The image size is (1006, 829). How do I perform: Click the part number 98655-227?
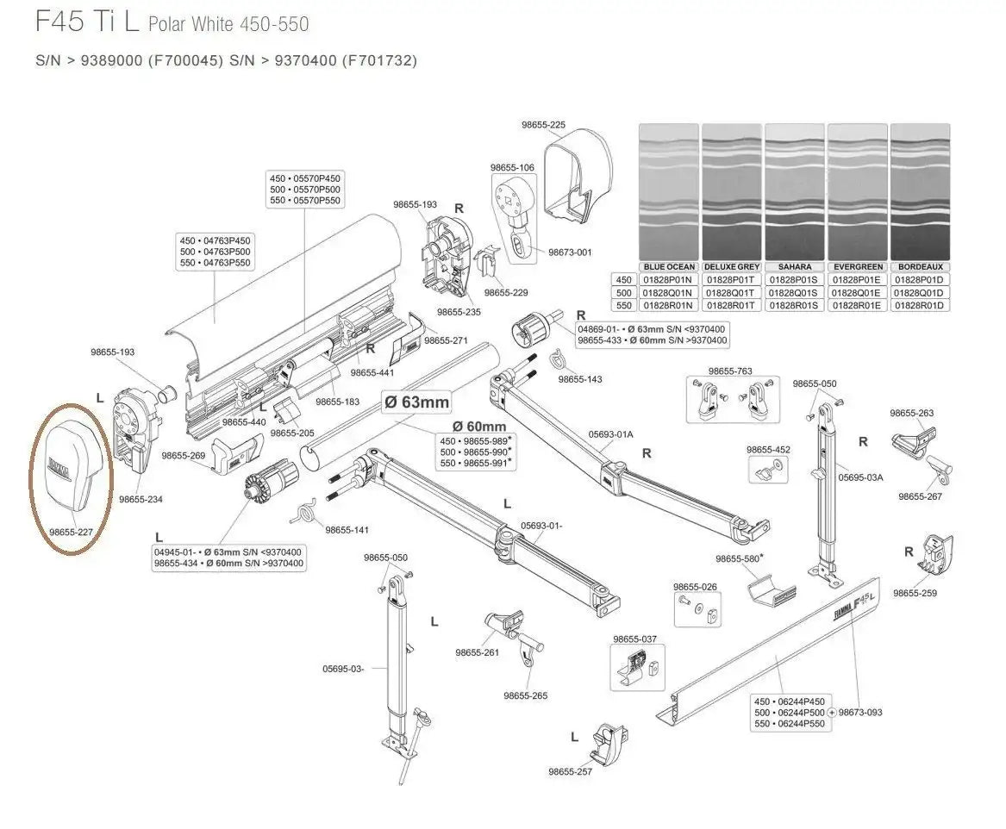coord(71,533)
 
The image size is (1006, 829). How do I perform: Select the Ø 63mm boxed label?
coord(416,402)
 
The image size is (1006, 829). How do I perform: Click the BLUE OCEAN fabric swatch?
coord(668,191)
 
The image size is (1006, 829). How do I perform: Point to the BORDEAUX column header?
coord(920,267)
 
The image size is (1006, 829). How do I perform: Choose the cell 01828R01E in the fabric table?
coord(857,306)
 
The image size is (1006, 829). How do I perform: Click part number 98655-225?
coord(543,125)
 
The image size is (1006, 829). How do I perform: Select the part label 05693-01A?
coord(610,434)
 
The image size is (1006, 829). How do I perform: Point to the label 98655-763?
coord(730,371)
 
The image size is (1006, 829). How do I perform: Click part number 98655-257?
coord(570,771)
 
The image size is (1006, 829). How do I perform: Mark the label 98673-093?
coord(859,713)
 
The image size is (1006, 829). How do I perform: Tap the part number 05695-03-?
coord(344,668)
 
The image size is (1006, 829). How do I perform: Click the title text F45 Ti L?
coord(87,22)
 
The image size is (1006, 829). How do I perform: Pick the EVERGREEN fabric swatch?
coord(857,191)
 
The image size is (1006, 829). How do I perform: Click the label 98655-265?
coord(525,695)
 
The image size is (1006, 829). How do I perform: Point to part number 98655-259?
coord(915,593)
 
